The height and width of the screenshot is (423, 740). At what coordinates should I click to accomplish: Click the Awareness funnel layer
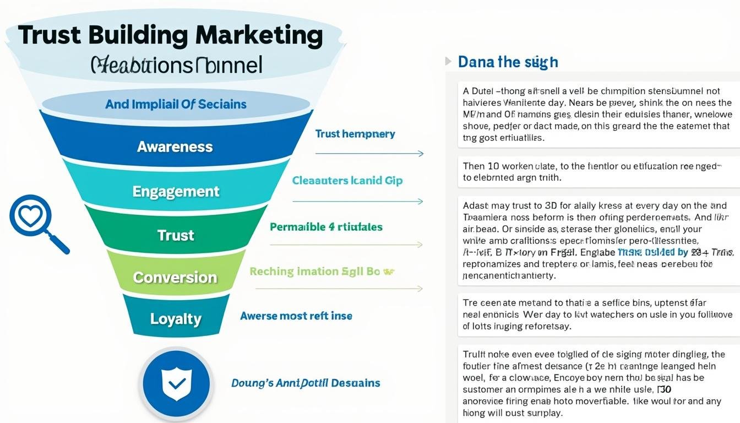175,147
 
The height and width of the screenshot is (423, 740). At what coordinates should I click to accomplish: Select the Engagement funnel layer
176,191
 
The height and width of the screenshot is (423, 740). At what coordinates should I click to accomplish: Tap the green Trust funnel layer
176,235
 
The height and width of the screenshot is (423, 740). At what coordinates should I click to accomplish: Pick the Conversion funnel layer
175,276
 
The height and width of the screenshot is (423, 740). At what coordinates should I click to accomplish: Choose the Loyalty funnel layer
176,319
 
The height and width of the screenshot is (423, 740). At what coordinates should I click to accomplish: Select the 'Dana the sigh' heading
508,62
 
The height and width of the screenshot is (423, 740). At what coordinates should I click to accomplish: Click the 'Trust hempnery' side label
355,134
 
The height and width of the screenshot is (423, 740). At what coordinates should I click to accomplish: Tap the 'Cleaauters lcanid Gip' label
347,181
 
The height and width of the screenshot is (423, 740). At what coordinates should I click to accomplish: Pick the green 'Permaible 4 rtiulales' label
326,227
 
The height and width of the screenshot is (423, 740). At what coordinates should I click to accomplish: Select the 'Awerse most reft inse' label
296,316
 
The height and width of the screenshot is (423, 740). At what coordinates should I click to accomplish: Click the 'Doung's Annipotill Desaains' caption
306,383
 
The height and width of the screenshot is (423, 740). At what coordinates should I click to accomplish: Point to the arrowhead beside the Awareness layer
421,154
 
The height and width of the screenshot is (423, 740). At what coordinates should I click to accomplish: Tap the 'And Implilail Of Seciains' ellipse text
176,104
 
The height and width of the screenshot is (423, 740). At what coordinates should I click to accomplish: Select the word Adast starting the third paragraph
475,206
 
